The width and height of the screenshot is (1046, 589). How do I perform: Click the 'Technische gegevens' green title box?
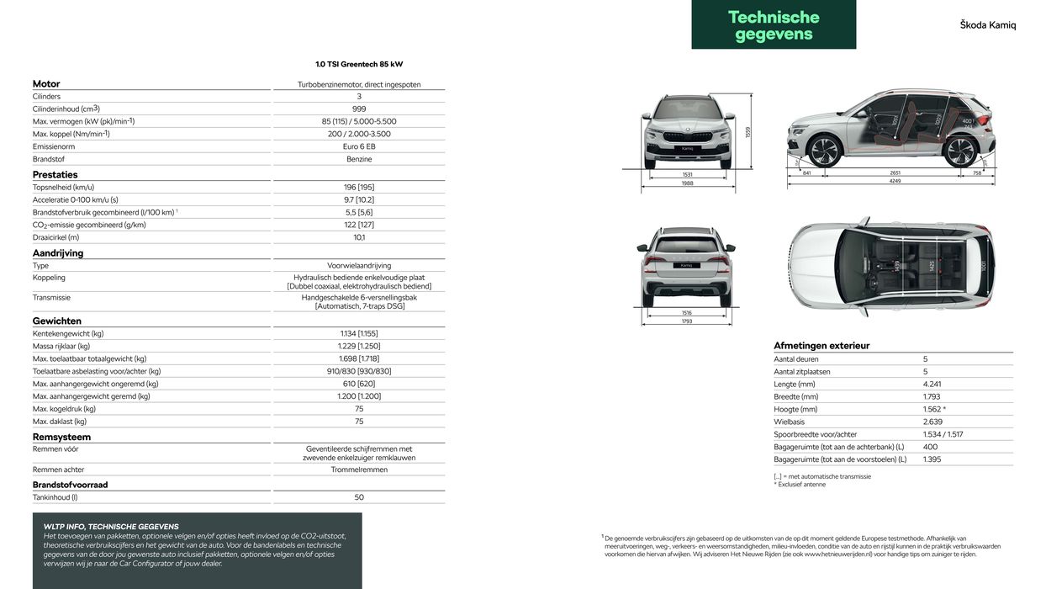click(x=773, y=25)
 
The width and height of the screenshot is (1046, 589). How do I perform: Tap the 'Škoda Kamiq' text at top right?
click(x=987, y=25)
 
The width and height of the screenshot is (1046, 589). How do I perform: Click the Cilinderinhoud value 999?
click(x=359, y=109)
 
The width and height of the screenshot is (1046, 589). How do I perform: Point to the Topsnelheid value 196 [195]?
click(x=359, y=187)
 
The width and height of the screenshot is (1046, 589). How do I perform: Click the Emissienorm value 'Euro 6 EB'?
click(x=359, y=146)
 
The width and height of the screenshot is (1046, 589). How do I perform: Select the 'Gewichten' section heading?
click(x=57, y=321)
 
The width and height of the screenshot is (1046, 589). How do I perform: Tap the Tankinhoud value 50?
click(x=359, y=497)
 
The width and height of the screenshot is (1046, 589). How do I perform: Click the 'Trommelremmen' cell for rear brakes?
click(x=359, y=470)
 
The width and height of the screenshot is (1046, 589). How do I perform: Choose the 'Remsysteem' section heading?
click(x=61, y=438)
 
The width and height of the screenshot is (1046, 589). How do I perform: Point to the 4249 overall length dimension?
click(x=895, y=181)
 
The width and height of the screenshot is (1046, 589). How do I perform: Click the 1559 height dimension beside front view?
click(x=748, y=132)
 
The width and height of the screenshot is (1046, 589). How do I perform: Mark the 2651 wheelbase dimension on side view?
click(x=895, y=172)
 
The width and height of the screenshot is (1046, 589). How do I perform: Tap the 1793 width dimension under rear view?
click(x=686, y=321)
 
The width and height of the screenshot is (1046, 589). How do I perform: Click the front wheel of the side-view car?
click(x=824, y=151)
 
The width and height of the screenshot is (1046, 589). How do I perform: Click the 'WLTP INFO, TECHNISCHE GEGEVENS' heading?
click(x=111, y=527)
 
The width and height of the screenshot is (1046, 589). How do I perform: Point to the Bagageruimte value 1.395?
click(x=933, y=459)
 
